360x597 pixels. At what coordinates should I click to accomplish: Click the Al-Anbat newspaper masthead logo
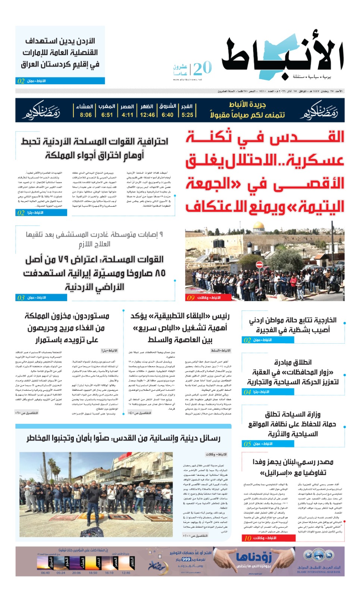tap(282, 56)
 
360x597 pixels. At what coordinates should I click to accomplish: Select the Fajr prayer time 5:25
tap(187, 115)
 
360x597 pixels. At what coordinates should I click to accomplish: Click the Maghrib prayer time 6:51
tap(107, 115)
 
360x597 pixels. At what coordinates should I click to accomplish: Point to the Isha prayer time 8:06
tap(85, 115)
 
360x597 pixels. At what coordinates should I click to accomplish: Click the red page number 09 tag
tap(191, 298)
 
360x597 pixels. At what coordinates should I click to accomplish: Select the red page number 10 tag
tap(248, 538)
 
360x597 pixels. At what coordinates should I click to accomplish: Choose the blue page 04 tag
tap(247, 392)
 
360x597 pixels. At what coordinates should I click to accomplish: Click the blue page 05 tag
tap(247, 444)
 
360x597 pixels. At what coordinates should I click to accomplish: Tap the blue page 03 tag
tap(21, 298)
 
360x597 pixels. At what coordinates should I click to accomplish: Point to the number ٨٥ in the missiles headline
tap(160, 273)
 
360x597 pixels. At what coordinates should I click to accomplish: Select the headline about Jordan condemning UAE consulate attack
tap(60, 52)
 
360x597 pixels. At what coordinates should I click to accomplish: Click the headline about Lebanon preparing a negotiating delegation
tap(293, 467)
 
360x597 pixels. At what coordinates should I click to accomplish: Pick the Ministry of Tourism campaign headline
tap(293, 424)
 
